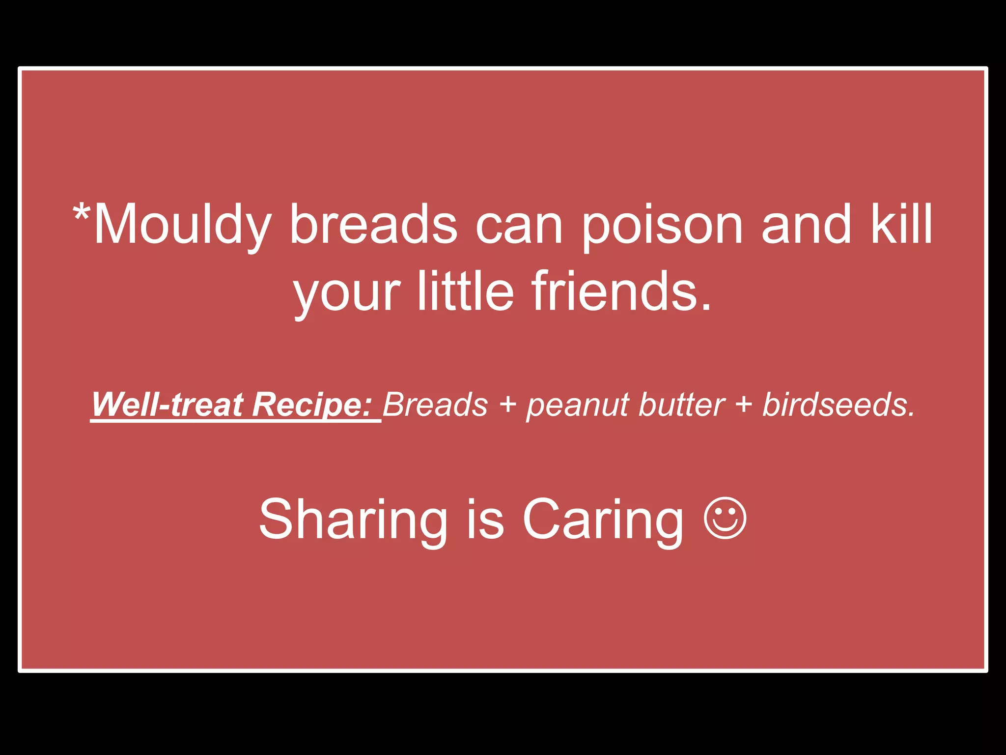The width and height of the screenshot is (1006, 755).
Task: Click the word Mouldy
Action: click(182, 225)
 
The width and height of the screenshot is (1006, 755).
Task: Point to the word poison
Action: click(663, 225)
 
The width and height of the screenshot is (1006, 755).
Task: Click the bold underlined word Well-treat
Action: click(168, 405)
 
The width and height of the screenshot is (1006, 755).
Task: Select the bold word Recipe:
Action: click(312, 406)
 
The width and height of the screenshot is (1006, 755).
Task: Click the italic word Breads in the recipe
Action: click(435, 405)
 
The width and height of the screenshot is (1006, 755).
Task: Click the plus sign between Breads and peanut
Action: click(507, 406)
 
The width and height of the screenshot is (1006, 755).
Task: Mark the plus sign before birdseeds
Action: click(744, 406)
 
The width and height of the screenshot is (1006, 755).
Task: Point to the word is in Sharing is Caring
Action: click(485, 519)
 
